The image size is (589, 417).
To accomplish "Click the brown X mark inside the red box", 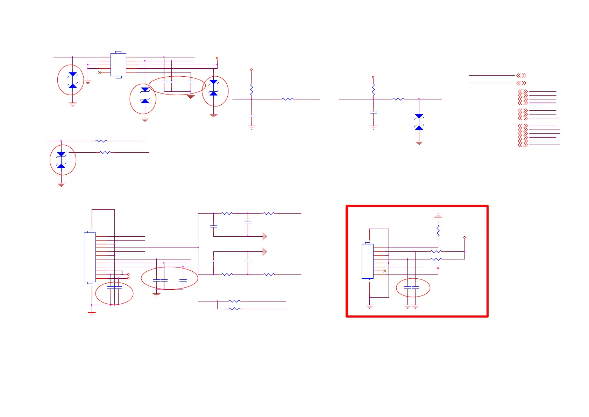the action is pos(385,271).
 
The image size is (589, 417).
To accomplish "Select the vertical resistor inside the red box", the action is pos(438,231).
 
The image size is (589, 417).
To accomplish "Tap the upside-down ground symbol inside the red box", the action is pos(438,216).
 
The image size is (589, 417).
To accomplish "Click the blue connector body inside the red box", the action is pos(367,261).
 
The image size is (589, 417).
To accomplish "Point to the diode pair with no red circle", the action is pos(419,122).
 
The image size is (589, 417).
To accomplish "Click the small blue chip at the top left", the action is pos(118,65).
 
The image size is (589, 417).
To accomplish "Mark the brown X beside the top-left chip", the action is pos(99,72).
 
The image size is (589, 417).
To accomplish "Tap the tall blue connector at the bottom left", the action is pos(90,257).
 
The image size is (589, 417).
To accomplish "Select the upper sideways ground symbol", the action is pos(264,236).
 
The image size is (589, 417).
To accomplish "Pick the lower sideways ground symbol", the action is pos(264,251).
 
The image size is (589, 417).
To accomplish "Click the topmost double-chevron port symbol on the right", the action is pos(521,75).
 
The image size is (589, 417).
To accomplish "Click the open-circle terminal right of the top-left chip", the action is pos(217,58).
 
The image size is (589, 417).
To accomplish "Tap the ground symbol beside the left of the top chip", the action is pos(88,82).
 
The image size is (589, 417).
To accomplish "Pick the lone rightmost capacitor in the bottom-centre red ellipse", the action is pos(183,280).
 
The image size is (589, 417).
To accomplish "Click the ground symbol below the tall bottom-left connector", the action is pos(92,314).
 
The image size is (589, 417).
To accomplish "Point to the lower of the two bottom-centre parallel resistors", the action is pos(234,309).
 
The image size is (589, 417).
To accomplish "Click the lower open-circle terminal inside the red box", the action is pos(438,268).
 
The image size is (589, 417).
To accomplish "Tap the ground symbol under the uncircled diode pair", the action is pos(419,143).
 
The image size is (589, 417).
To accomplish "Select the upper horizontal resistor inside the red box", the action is pos(436,251).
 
